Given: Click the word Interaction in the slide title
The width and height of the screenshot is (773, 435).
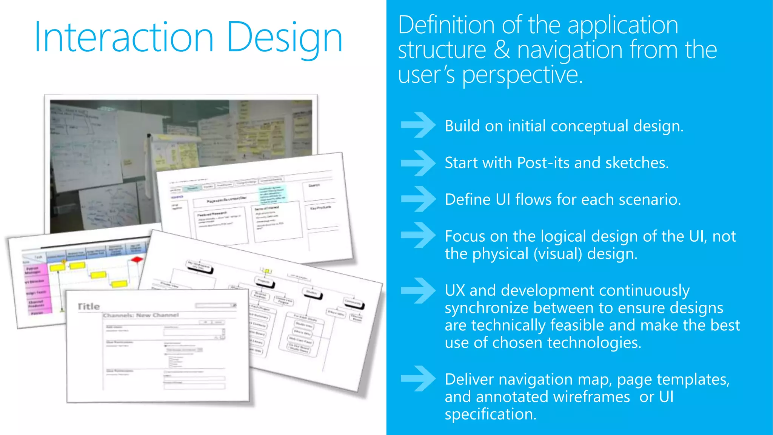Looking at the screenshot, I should (x=124, y=37).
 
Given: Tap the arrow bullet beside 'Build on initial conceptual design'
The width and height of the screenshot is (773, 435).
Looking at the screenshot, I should (x=418, y=125).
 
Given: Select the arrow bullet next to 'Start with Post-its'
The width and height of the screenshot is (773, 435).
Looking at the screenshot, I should (x=418, y=163).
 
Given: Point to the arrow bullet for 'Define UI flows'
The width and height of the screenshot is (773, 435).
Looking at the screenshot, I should (x=418, y=199).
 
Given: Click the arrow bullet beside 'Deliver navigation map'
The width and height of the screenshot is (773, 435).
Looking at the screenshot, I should (x=418, y=378).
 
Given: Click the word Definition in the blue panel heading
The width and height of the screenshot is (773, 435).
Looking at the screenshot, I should (x=446, y=25).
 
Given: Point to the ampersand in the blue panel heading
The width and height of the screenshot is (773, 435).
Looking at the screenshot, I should (x=502, y=50).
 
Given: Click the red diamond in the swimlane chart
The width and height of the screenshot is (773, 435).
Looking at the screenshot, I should (x=137, y=259).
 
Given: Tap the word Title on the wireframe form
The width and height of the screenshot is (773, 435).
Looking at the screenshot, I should (x=89, y=306).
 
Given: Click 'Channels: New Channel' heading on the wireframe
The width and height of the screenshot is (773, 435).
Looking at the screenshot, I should (x=141, y=315).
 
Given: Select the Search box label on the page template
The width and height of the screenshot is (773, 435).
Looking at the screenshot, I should (x=314, y=185).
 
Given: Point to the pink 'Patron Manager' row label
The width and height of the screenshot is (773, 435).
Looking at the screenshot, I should (x=33, y=270).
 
